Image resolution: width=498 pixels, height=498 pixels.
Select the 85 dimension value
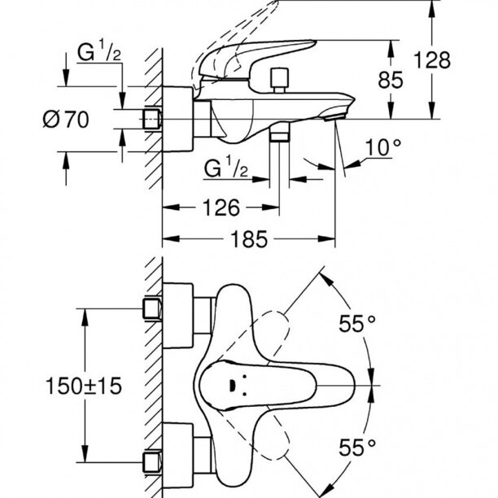(x=414, y=81)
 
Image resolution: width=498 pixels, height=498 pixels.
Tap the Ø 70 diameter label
(x=63, y=120)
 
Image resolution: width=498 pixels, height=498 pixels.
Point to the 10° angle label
(x=385, y=148)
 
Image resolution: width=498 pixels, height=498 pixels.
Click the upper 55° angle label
(x=357, y=323)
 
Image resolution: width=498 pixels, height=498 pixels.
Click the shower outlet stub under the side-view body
(x=281, y=135)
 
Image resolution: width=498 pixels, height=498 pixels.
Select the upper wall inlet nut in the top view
(x=151, y=308)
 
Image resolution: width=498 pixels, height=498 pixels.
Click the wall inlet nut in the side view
(x=151, y=118)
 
